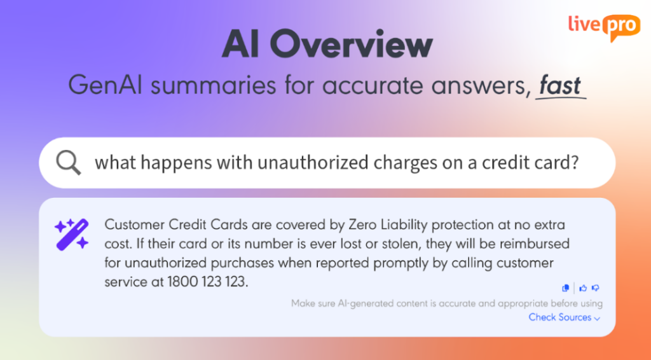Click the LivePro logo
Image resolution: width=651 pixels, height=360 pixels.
pyautogui.click(x=604, y=27)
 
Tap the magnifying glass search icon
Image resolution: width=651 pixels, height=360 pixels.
pyautogui.click(x=69, y=163)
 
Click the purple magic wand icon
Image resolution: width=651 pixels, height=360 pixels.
pyautogui.click(x=72, y=235)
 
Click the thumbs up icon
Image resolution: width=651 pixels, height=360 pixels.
pyautogui.click(x=584, y=287)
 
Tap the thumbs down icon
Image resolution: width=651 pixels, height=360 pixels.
pyautogui.click(x=595, y=287)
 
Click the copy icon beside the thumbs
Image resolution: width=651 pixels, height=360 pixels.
pyautogui.click(x=565, y=287)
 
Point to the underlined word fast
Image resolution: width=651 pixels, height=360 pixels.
pyautogui.click(x=560, y=85)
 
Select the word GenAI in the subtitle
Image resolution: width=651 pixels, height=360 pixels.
pyautogui.click(x=105, y=85)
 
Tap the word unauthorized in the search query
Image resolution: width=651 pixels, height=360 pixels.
pyautogui.click(x=313, y=162)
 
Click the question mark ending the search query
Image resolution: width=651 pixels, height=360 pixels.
pyautogui.click(x=575, y=162)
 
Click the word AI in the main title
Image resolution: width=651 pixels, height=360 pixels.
pyautogui.click(x=240, y=45)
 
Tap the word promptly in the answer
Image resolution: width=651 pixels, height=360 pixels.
pyautogui.click(x=421, y=263)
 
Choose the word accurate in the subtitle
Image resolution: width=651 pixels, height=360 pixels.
pyautogui.click(x=374, y=85)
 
